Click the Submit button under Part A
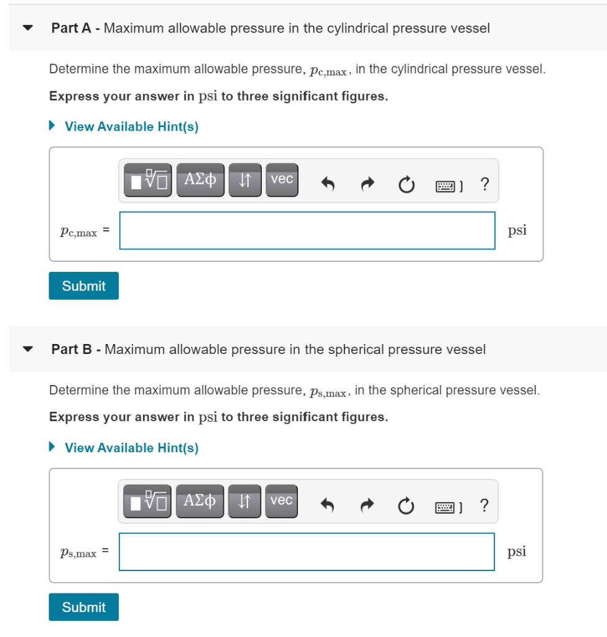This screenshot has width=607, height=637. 83,286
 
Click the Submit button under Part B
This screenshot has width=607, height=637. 83,607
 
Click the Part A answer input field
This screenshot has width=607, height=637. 307,231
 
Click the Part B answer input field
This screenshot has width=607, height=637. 307,552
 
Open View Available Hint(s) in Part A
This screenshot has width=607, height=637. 131,127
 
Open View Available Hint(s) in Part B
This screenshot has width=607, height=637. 131,448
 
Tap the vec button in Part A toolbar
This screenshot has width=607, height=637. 282,180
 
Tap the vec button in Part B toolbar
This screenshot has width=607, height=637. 282,501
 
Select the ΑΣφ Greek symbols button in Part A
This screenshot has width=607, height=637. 200,180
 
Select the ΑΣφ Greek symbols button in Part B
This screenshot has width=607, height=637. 200,501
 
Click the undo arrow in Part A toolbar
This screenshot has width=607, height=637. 328,184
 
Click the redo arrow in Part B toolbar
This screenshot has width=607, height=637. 367,505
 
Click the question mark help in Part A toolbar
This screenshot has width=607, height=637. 485,184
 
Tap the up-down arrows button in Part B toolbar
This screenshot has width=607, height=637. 244,501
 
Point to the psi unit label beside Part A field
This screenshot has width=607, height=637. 517,230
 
